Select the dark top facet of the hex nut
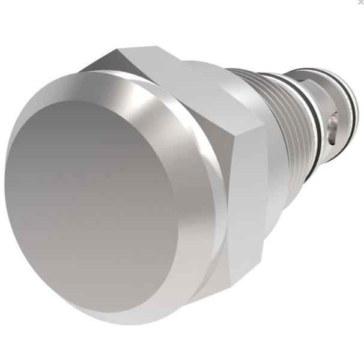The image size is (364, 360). [x=114, y=60]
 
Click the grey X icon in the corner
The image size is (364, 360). [x=360, y=2]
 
